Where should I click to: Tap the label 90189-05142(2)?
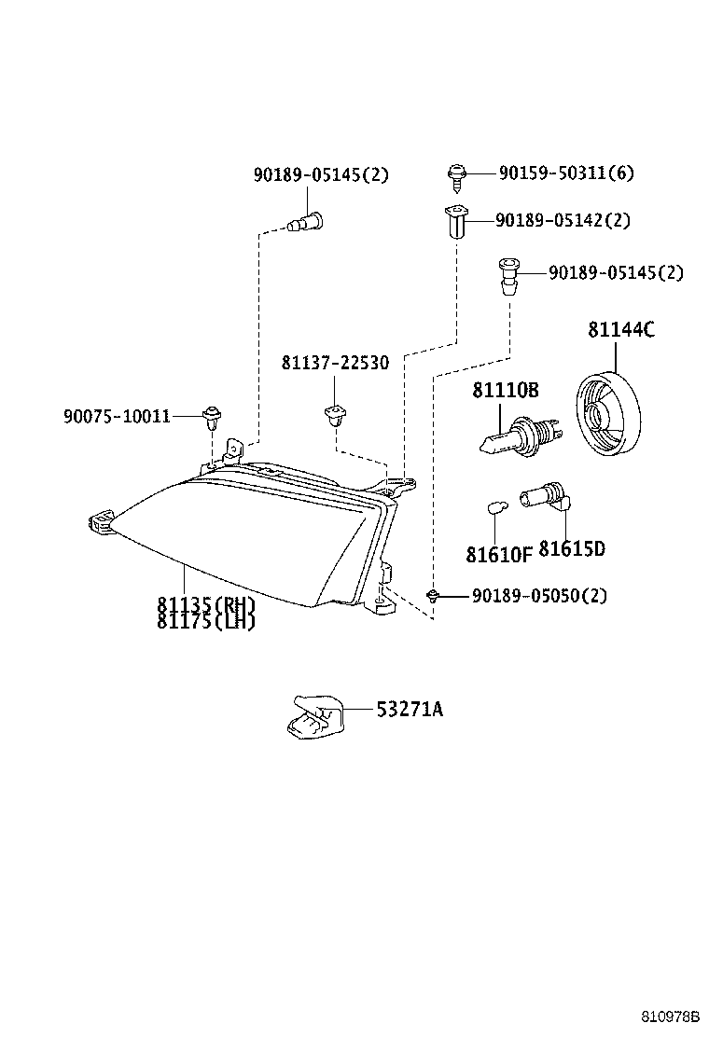[x=563, y=220]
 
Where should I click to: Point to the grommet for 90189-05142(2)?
[x=454, y=223]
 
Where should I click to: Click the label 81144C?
[x=620, y=330]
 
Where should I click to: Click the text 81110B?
[x=505, y=391]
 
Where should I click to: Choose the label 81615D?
[x=571, y=549]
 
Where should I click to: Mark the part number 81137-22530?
[x=335, y=362]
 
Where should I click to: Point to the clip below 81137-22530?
[x=333, y=414]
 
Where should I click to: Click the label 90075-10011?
[x=117, y=416]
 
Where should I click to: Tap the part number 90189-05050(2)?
[x=538, y=595]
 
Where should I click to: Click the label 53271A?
[x=410, y=710]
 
